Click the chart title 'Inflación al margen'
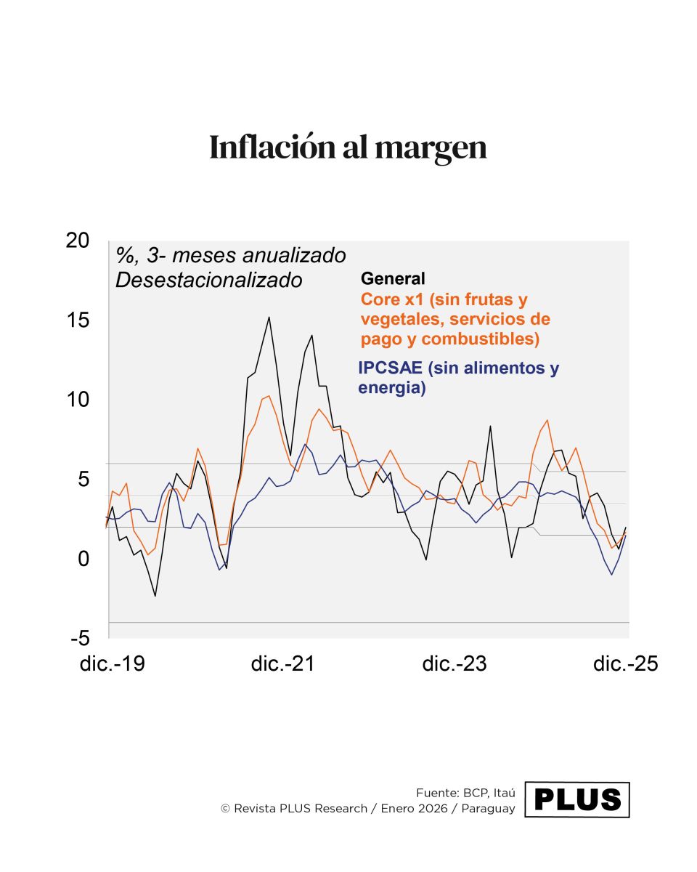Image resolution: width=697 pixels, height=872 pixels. coord(348,148)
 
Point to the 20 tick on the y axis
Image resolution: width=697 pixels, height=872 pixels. coord(77,241)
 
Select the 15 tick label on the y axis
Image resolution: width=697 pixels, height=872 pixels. coord(77,320)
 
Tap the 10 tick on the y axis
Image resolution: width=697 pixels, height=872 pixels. coord(77,400)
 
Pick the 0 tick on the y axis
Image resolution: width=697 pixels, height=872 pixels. coord(83,559)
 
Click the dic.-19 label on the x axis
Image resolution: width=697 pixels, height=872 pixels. coord(112,663)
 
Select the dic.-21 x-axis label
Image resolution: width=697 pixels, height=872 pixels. coord(283,663)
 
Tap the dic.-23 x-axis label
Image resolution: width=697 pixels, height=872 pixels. coord(455,663)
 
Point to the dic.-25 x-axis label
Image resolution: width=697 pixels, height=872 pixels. coord(625,663)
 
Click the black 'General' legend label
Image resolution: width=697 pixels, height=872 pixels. coord(393,278)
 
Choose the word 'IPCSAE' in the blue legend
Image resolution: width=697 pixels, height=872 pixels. coord(390,368)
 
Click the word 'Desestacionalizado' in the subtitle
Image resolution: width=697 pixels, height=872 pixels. coord(208,280)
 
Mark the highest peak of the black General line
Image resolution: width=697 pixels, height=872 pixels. coord(269,317)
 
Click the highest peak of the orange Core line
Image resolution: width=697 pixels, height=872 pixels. coord(269,396)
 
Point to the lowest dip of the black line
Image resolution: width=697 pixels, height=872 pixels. coord(155,596)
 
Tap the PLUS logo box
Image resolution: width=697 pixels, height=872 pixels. coord(576,799)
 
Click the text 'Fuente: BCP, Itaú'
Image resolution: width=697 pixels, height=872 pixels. coord(465,792)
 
